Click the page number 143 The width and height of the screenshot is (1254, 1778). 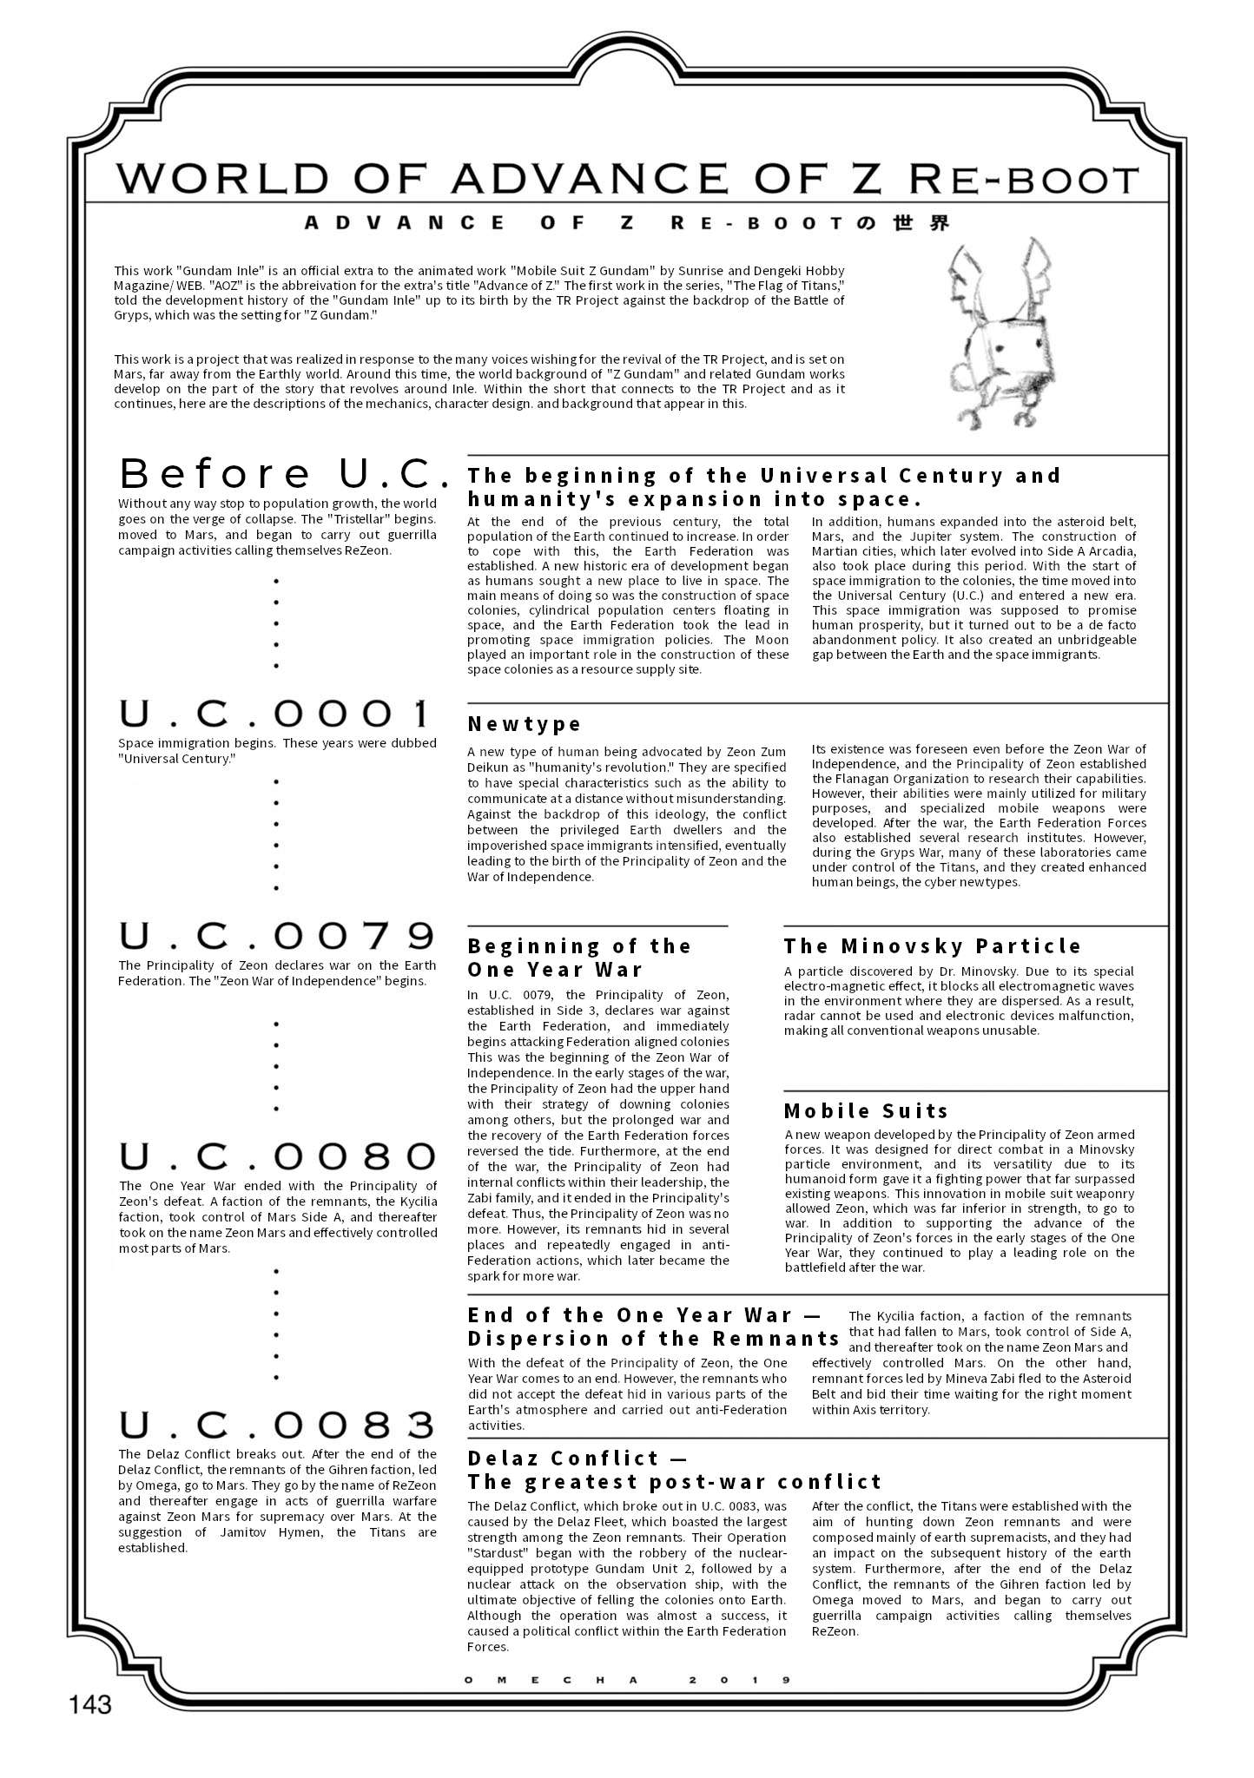point(91,1703)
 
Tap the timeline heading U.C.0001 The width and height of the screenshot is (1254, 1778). point(275,714)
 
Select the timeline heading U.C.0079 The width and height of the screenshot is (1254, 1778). point(276,936)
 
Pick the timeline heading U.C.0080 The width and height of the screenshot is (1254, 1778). point(276,1156)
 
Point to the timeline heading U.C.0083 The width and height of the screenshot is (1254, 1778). point(276,1426)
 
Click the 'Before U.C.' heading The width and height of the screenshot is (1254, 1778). point(283,474)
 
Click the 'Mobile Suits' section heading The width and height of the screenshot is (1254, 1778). point(866,1110)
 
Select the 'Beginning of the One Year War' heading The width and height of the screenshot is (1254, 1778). point(578,958)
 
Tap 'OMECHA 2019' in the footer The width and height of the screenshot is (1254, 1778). point(627,1680)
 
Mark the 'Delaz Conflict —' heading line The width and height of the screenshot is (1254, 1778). point(563,1458)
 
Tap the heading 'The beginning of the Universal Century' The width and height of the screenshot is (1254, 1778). point(764,475)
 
